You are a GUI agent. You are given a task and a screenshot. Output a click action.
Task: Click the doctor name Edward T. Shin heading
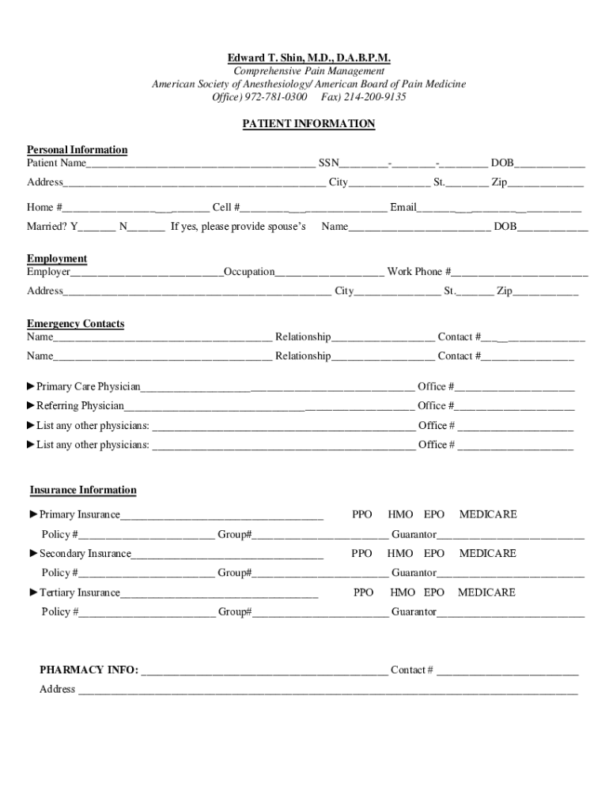(308, 58)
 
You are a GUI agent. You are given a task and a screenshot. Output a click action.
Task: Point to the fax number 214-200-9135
(375, 97)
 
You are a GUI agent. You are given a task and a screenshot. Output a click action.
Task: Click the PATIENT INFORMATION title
(308, 124)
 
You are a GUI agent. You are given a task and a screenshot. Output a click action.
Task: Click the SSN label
(328, 164)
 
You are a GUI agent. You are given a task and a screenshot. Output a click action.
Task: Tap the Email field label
(403, 208)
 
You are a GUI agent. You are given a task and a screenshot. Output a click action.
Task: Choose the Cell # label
(226, 208)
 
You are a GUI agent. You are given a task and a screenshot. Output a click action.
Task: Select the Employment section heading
(57, 259)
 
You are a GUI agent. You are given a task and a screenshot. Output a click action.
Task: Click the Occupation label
(249, 272)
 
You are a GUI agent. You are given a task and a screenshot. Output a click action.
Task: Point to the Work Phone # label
(419, 272)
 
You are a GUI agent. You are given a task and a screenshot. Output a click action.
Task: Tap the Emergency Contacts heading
(75, 324)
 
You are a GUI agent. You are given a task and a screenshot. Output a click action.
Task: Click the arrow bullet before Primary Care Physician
(31, 386)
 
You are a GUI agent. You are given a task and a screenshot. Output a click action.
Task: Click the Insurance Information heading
(83, 490)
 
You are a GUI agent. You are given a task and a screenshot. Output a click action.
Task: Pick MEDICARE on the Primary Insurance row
(487, 514)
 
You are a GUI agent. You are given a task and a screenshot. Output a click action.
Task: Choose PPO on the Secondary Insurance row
(361, 554)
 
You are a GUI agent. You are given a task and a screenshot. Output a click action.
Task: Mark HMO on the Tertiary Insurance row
(402, 593)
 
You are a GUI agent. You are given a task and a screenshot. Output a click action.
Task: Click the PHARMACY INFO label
(89, 671)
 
